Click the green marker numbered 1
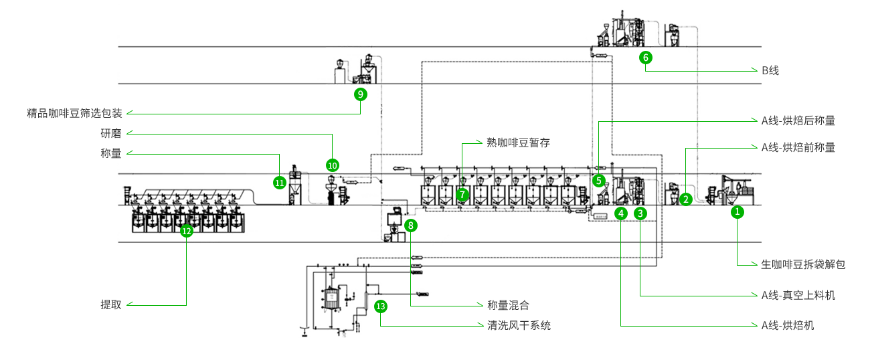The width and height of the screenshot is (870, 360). pyautogui.click(x=737, y=212)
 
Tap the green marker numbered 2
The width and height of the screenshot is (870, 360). pyautogui.click(x=685, y=198)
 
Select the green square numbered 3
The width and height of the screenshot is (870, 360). pyautogui.click(x=640, y=213)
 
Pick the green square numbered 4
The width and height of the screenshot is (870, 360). pyautogui.click(x=621, y=213)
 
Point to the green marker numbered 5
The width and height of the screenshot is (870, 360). pyautogui.click(x=599, y=180)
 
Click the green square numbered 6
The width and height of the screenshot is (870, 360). pyautogui.click(x=646, y=58)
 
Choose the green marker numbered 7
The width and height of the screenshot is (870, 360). pyautogui.click(x=462, y=194)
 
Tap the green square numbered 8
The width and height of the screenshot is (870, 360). pyautogui.click(x=410, y=226)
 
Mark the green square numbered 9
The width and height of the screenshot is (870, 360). pyautogui.click(x=360, y=94)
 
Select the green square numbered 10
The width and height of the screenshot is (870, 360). pyautogui.click(x=333, y=164)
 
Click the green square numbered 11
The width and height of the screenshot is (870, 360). pyautogui.click(x=280, y=181)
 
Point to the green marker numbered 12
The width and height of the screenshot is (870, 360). pyautogui.click(x=186, y=232)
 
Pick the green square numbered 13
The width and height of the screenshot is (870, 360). pyautogui.click(x=380, y=306)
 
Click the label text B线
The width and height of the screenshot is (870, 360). pyautogui.click(x=770, y=70)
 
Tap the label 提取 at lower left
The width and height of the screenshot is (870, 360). pyautogui.click(x=110, y=304)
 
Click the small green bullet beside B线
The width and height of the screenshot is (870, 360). pyautogui.click(x=754, y=69)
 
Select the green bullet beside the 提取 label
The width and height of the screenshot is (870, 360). pyautogui.click(x=130, y=304)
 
